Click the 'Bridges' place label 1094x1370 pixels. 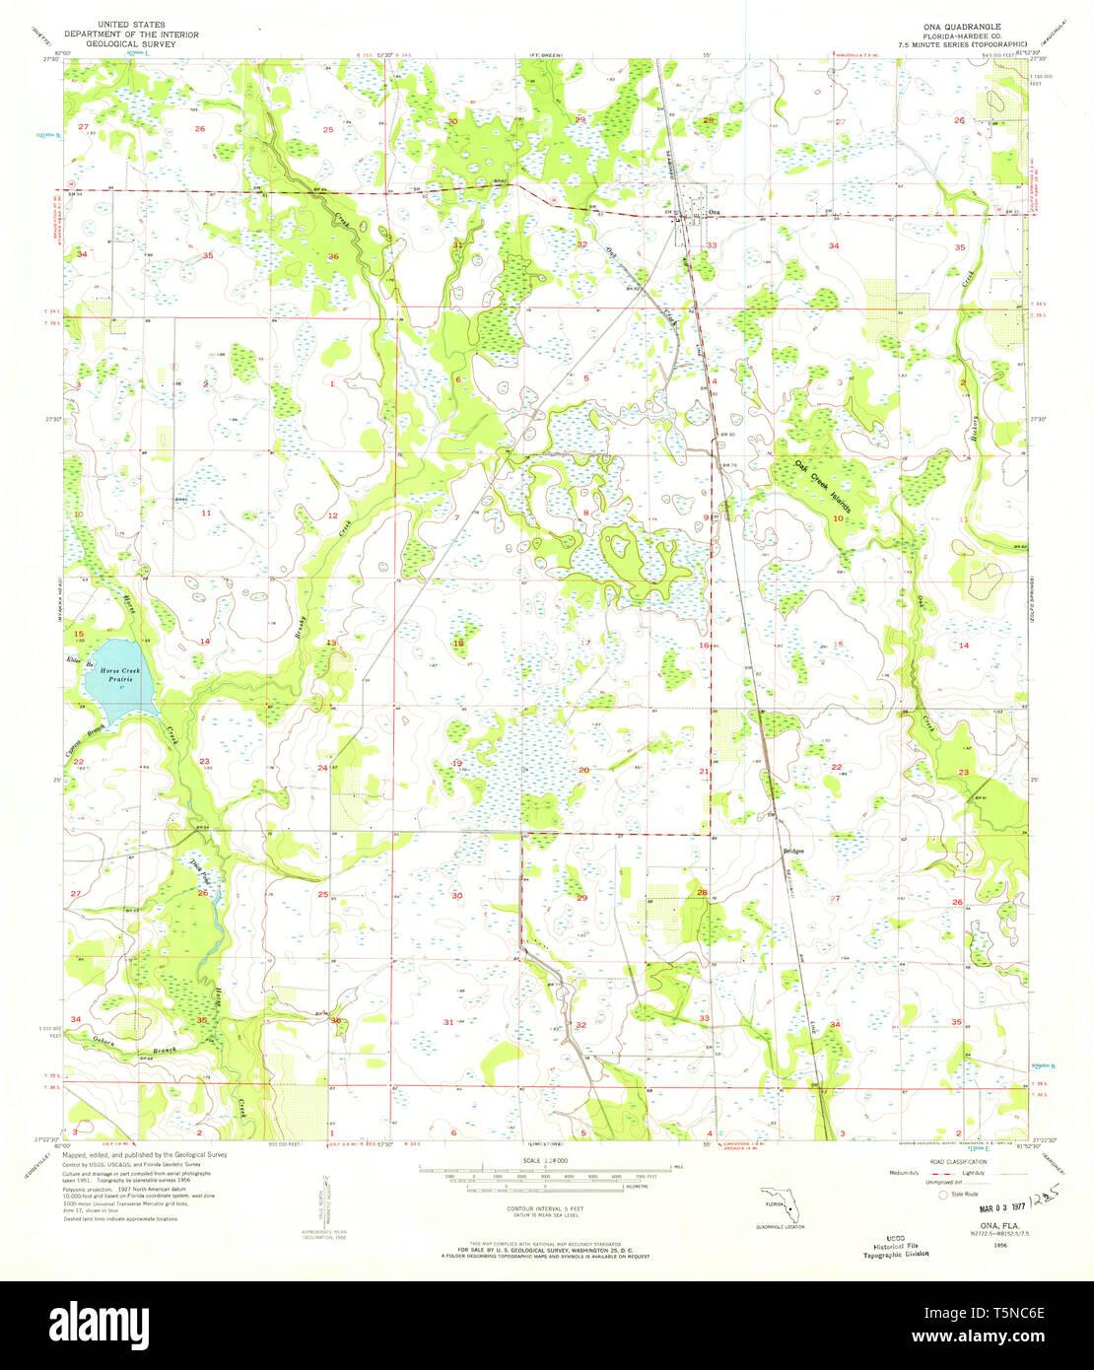pyautogui.click(x=793, y=850)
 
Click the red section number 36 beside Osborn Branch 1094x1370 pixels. pyautogui.click(x=336, y=1021)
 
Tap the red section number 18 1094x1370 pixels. pyautogui.click(x=457, y=643)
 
